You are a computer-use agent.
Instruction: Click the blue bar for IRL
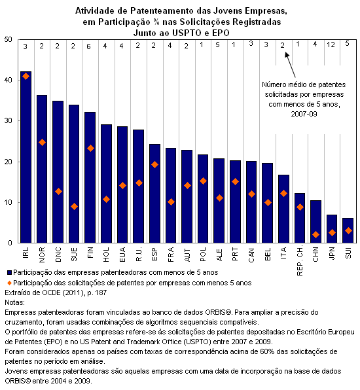tap(26, 157)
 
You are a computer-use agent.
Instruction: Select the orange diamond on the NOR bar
tap(42, 142)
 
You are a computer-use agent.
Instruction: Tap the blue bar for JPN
tap(332, 228)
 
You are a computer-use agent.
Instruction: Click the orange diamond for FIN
tap(90, 149)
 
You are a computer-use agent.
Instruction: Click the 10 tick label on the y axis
tap(9, 202)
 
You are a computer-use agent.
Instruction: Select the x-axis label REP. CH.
tap(300, 261)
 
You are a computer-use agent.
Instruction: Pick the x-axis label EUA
tap(122, 254)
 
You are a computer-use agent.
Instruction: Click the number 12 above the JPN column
tap(331, 44)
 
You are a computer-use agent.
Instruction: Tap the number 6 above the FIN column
tap(88, 46)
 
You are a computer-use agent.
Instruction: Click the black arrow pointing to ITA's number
tap(290, 65)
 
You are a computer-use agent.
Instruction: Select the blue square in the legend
tap(9, 272)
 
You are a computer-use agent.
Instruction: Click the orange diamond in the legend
tap(9, 283)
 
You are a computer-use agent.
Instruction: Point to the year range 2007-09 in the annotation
tap(304, 114)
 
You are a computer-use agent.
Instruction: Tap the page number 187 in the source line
tap(101, 292)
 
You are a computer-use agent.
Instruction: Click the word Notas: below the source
tap(14, 302)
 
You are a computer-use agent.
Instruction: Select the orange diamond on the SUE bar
tap(74, 206)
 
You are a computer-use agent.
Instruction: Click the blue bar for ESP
tap(154, 194)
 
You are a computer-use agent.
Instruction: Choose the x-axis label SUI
tap(348, 253)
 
